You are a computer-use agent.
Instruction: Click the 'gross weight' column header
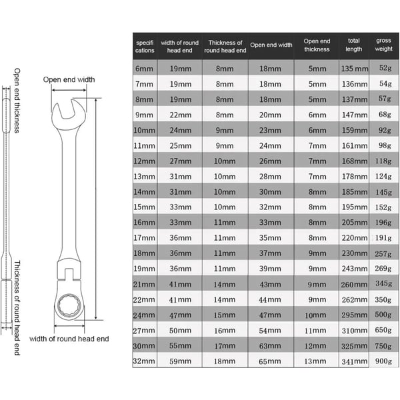click(383, 45)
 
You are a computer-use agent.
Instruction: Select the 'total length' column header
click(353, 45)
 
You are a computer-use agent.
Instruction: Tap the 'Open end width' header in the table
click(271, 45)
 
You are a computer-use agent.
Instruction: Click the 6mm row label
click(144, 69)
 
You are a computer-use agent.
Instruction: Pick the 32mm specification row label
click(144, 361)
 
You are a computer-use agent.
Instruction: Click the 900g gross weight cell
click(383, 361)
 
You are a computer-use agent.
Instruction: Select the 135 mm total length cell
click(355, 69)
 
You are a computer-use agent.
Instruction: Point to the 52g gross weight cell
click(385, 68)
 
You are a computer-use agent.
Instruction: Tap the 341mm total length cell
click(355, 361)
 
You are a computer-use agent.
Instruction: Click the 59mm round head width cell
click(181, 361)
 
